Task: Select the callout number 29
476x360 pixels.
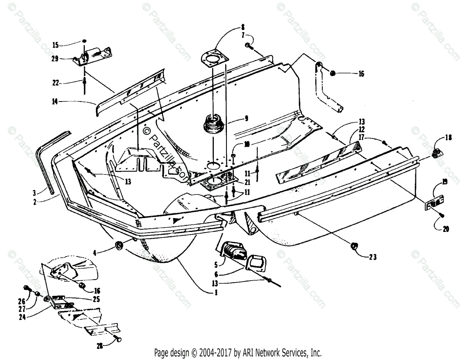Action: pos(55,58)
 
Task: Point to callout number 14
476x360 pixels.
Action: pos(55,101)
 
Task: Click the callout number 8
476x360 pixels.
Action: pos(242,28)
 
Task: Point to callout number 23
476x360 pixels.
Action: pos(372,257)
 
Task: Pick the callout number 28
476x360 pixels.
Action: pos(99,346)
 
